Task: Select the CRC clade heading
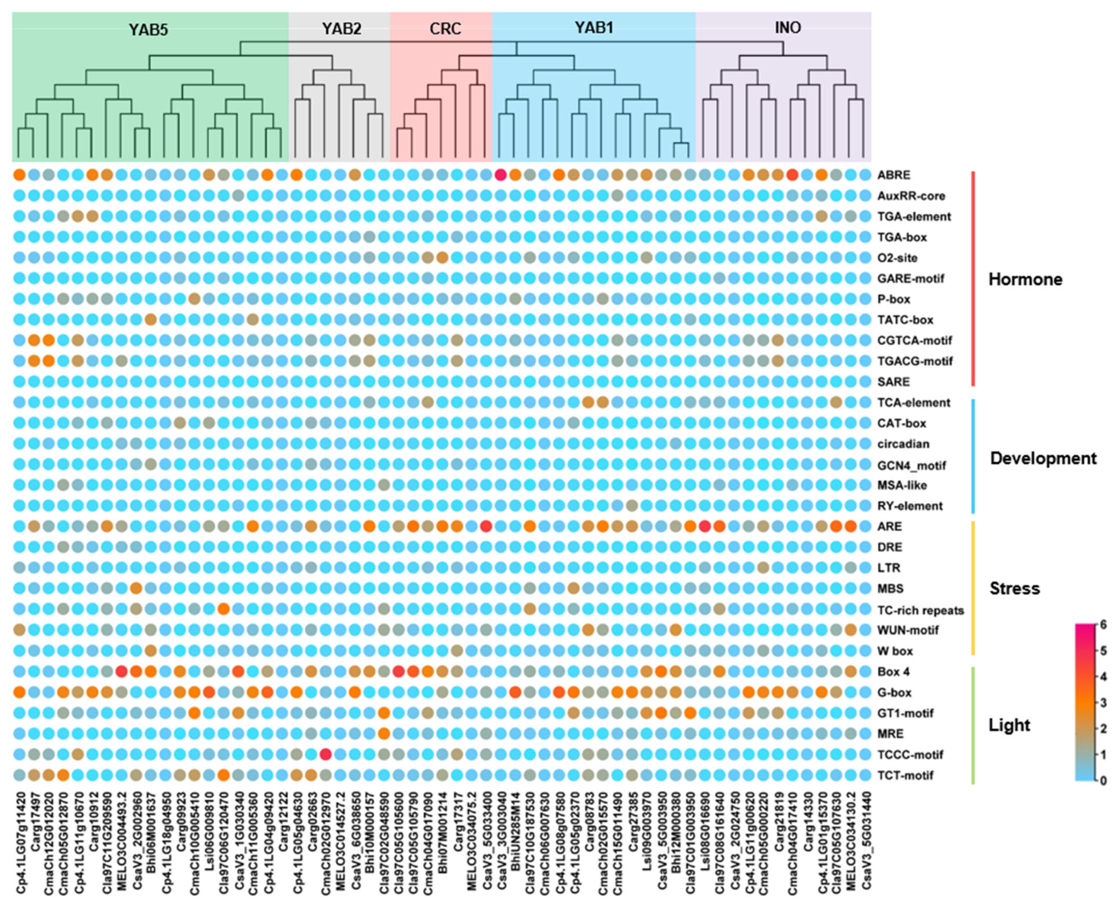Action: [445, 28]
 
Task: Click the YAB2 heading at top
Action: [341, 28]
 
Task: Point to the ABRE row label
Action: [894, 175]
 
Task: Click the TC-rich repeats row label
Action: [920, 610]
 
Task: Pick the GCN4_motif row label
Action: [911, 465]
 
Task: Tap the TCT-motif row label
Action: [905, 775]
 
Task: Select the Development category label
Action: [1043, 458]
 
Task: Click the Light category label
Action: [1009, 725]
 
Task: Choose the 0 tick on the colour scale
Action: [1103, 781]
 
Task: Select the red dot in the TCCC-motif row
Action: [325, 754]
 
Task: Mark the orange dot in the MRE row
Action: [384, 733]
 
